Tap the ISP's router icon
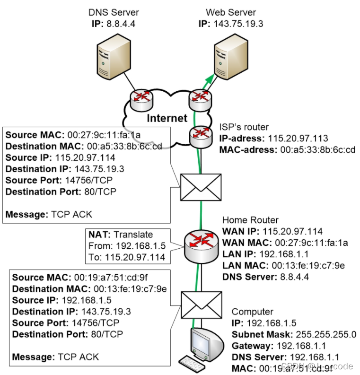(199, 136)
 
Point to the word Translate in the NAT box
(133, 235)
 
